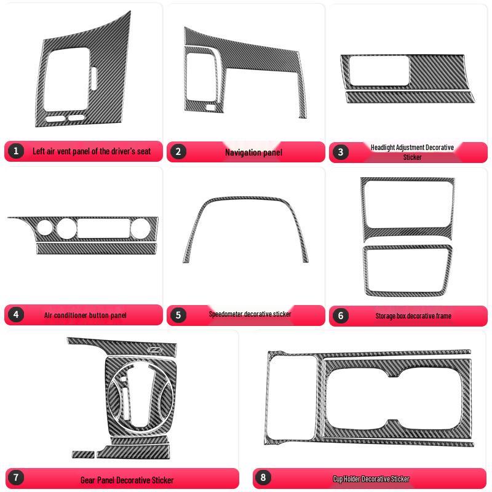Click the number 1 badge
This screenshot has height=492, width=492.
(x=16, y=151)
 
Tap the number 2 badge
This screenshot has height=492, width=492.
(x=178, y=151)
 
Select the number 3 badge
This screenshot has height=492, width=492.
(x=340, y=152)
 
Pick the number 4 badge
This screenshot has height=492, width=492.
(x=16, y=315)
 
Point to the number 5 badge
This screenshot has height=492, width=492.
(x=178, y=315)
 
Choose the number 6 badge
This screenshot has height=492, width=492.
(x=340, y=315)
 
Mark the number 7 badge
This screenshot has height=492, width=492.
(x=16, y=477)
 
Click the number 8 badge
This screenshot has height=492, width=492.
(x=263, y=477)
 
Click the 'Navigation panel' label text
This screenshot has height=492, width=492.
(x=253, y=152)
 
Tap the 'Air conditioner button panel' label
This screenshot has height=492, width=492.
(x=85, y=315)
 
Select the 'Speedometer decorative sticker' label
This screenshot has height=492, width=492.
(x=250, y=314)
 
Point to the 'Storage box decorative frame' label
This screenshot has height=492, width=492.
(x=413, y=316)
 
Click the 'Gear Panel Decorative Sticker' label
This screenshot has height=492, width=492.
(x=127, y=480)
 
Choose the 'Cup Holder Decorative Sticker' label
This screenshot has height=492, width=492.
(x=371, y=478)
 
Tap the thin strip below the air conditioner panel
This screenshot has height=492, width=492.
(x=97, y=248)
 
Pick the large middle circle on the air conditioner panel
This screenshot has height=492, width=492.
(x=66, y=228)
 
